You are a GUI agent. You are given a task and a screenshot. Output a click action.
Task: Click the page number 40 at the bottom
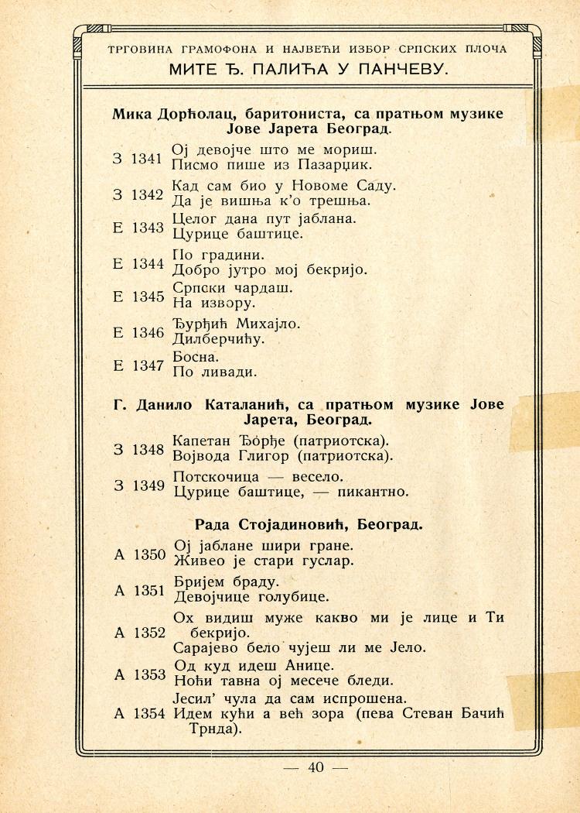pyautogui.click(x=316, y=767)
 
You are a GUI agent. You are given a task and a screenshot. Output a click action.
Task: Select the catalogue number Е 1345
pyautogui.click(x=138, y=297)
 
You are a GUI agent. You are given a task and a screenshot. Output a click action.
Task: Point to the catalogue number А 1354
pyautogui.click(x=140, y=713)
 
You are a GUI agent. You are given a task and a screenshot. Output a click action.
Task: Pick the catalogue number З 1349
pyautogui.click(x=138, y=485)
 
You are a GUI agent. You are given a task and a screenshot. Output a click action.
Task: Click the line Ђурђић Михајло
pyautogui.click(x=236, y=323)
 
